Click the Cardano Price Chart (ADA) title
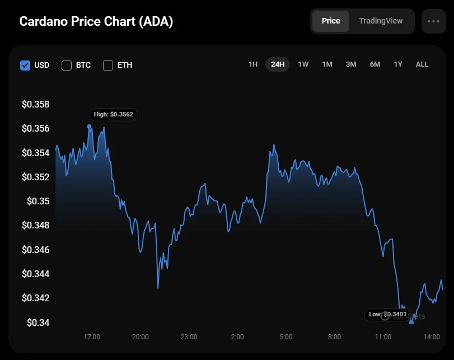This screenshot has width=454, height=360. [96, 22]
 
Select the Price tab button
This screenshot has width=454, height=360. [330, 21]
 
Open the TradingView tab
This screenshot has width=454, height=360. [381, 21]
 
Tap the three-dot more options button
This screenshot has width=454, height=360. [433, 21]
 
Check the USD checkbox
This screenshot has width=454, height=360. [25, 65]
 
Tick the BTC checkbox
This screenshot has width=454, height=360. [67, 65]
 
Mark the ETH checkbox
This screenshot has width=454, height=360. [108, 65]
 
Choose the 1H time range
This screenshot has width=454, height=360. [253, 64]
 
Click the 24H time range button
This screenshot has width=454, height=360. [278, 64]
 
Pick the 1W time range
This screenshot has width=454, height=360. [303, 64]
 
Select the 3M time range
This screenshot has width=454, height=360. [351, 64]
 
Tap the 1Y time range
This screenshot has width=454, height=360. [398, 64]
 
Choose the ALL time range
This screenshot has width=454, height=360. [422, 64]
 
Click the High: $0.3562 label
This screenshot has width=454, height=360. [114, 114]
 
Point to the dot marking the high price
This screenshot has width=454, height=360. [90, 127]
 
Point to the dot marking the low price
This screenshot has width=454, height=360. [411, 322]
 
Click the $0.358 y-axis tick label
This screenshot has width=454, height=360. [36, 105]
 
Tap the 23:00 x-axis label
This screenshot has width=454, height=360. [189, 337]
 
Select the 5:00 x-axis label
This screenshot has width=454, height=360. [285, 337]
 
